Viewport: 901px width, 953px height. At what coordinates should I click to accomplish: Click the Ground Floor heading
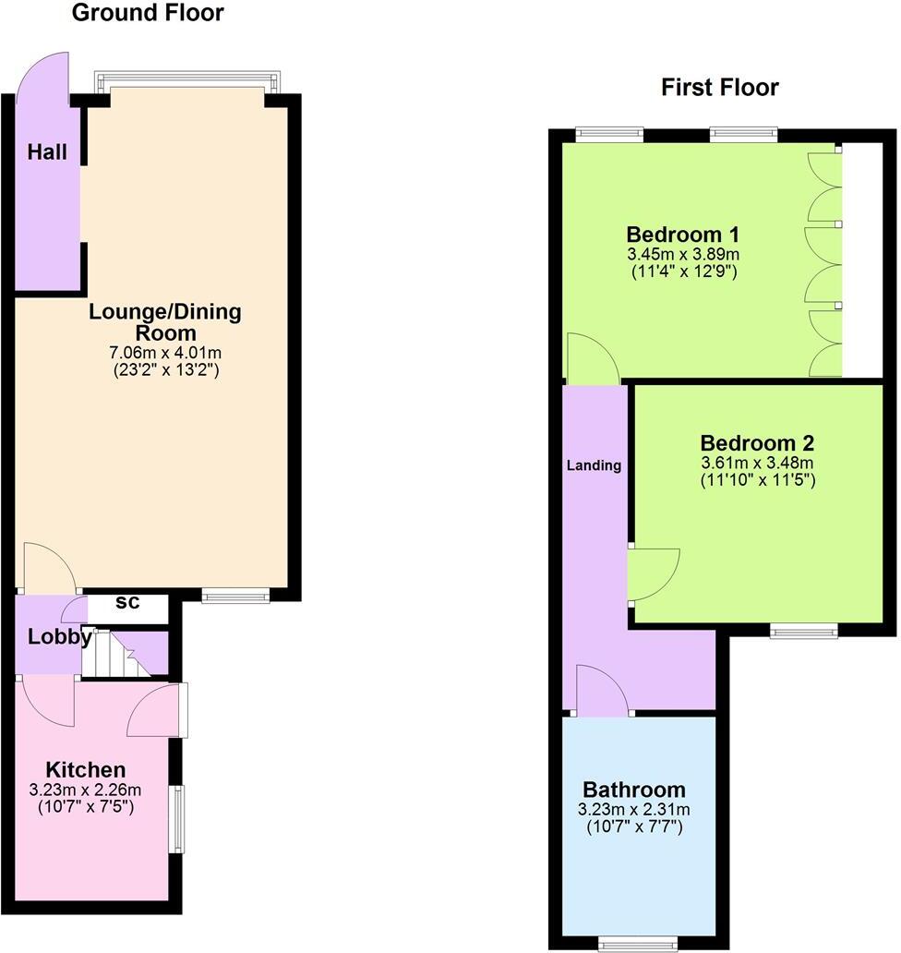(x=148, y=13)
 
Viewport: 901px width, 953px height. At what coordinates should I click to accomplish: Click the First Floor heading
(x=720, y=88)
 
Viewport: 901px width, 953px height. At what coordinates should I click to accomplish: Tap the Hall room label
(x=47, y=152)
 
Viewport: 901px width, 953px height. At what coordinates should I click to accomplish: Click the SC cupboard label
(x=127, y=603)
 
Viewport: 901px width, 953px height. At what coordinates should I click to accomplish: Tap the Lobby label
(x=59, y=636)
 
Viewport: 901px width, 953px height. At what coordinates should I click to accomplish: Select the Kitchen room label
(x=86, y=770)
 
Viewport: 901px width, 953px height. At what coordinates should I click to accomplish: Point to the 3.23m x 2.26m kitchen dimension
(x=86, y=790)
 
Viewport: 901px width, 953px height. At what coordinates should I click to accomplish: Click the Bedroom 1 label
(x=684, y=234)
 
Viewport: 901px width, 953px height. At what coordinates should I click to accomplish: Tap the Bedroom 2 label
(x=757, y=443)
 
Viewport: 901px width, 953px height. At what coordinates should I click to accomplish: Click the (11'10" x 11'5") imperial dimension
(x=757, y=480)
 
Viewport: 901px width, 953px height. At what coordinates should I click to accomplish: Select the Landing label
(x=594, y=465)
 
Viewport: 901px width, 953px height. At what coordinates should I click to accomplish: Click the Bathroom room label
(x=634, y=790)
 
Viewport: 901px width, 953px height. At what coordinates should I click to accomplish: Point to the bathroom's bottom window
(x=638, y=943)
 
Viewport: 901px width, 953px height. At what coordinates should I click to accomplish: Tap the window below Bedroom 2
(x=804, y=632)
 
